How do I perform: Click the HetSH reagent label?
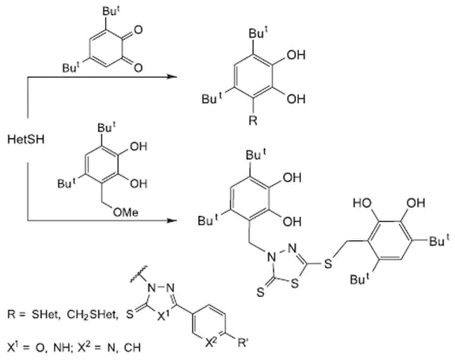tap(26, 139)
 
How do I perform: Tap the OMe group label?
tap(125, 212)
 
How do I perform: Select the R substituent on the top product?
tap(253, 120)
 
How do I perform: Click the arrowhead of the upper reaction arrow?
tap(173, 77)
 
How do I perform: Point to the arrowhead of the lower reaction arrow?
tap(173, 221)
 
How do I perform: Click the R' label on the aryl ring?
tap(243, 343)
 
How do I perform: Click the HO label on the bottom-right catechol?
tap(363, 202)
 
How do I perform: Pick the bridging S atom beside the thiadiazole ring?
tap(328, 263)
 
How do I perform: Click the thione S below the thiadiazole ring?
tap(260, 292)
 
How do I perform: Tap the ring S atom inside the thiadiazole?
tap(295, 283)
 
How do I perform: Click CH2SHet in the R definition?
tap(92, 314)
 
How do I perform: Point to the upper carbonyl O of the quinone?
tap(138, 29)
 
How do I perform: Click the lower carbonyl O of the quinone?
tap(138, 68)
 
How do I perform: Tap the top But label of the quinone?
tap(111, 11)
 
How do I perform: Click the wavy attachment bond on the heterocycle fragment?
tap(139, 273)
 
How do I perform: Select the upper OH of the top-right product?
tap(296, 55)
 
